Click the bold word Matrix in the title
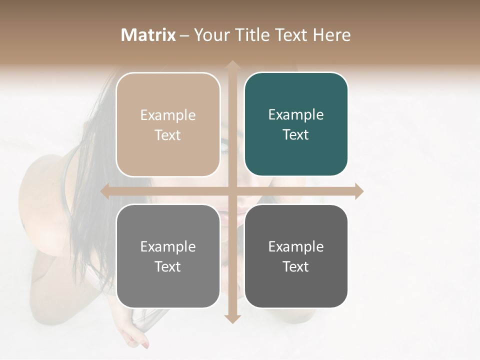pos(148,35)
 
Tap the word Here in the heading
pos(331,35)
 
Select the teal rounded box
pos(296,155)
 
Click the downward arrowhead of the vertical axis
pos(232,319)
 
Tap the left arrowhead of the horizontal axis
pos(104,191)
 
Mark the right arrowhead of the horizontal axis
pos(359,191)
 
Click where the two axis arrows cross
pos(232,191)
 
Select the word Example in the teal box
pos(296,115)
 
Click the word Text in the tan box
pos(168,135)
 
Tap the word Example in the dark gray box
pos(296,246)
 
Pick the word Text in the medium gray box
pos(168,266)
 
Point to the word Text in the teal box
pos(296,135)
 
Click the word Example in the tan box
pos(168,115)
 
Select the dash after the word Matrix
pos(184,35)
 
